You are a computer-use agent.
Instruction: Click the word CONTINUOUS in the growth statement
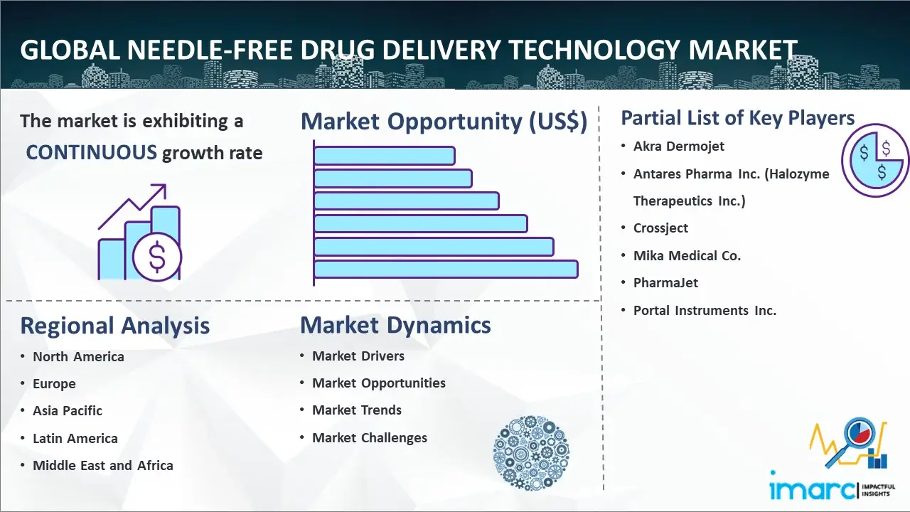[x=92, y=153]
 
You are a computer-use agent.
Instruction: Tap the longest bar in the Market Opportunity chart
[x=446, y=270]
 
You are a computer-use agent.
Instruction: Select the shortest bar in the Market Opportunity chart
[x=385, y=156]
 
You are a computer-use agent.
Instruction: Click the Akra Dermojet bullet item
[x=678, y=146]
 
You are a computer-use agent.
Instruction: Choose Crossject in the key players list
[x=660, y=228]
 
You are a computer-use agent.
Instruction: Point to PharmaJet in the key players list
[x=665, y=283]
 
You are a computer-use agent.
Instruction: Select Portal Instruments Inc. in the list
[x=705, y=311]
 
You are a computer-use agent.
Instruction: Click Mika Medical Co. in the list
[x=687, y=255]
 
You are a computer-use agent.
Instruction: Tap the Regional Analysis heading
[x=115, y=326]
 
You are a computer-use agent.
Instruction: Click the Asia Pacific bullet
[x=68, y=411]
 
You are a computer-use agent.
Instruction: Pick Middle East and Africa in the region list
[x=103, y=465]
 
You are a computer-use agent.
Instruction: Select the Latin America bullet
[x=75, y=439]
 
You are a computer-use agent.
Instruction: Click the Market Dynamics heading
[x=395, y=325]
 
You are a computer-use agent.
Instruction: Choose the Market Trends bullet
[x=357, y=410]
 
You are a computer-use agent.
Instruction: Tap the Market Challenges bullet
[x=369, y=437]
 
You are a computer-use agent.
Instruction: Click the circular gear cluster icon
[x=531, y=453]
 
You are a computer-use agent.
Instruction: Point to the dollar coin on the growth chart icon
[x=157, y=257]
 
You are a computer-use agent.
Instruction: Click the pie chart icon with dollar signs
[x=875, y=161]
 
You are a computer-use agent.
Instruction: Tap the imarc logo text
[x=812, y=490]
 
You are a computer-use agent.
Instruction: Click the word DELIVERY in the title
[x=441, y=50]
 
